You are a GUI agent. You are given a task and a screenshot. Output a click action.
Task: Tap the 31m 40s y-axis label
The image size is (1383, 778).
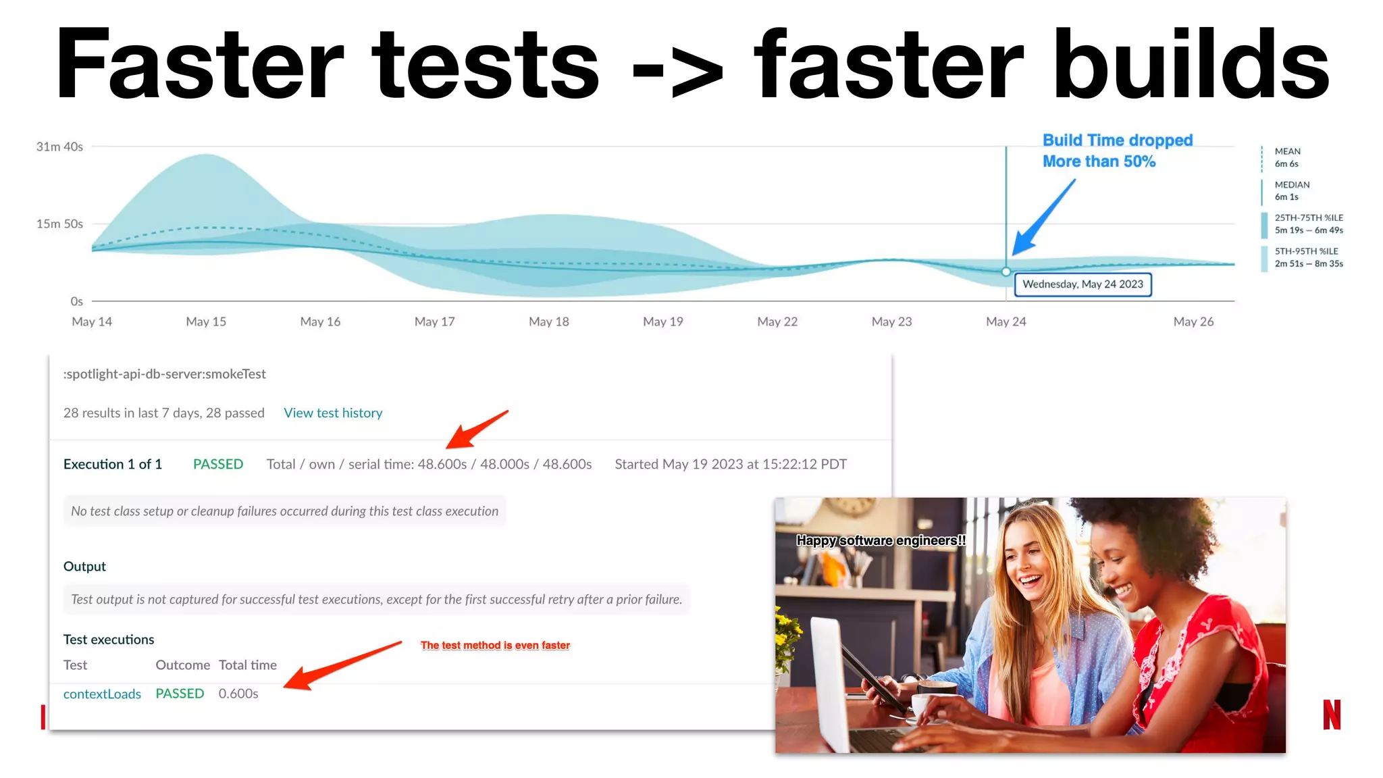(59, 147)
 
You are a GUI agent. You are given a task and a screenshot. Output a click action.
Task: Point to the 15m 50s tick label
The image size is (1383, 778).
(59, 224)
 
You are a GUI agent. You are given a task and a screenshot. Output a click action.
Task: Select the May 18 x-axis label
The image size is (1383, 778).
(548, 321)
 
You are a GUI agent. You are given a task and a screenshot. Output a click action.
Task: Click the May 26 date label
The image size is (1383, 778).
(1193, 321)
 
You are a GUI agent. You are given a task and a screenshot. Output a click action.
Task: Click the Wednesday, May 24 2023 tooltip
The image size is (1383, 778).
(1082, 284)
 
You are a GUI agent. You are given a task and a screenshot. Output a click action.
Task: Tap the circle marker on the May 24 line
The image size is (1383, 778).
(1006, 271)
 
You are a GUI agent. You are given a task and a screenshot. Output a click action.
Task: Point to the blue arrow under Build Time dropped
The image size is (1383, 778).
(1043, 217)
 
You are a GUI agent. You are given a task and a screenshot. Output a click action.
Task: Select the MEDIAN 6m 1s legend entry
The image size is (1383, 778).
(1290, 190)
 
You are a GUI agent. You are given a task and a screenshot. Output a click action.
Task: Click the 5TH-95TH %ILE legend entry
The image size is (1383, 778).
(1307, 257)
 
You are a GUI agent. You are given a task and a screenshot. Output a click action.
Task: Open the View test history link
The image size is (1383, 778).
(333, 413)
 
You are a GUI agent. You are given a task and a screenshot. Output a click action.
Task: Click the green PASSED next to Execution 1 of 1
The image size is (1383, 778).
(217, 464)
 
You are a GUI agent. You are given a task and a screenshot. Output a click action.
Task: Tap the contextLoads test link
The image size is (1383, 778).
(102, 694)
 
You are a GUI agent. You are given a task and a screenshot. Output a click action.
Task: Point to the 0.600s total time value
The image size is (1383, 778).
(238, 694)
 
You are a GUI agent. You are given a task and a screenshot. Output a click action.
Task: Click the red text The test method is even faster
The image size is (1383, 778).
(495, 645)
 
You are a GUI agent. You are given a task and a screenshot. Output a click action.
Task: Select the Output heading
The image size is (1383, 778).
(84, 566)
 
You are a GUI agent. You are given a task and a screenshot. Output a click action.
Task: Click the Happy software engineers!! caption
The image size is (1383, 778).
(881, 540)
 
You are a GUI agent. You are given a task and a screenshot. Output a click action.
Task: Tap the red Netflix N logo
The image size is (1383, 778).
(1331, 715)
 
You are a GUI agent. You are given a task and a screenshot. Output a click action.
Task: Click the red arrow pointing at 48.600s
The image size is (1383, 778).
(475, 430)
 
